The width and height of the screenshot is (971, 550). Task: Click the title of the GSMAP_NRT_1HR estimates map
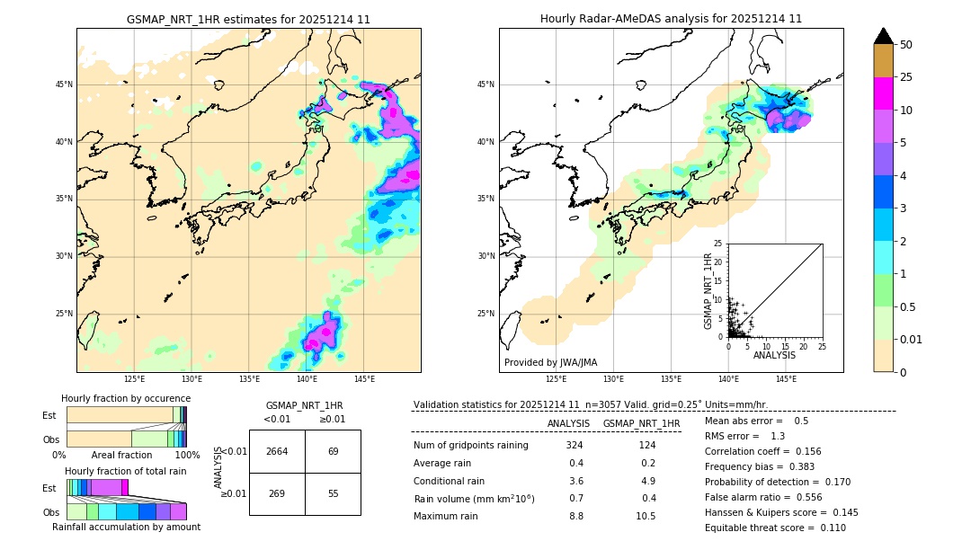click(x=248, y=19)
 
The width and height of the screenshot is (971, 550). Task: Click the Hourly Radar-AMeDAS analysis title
click(x=671, y=19)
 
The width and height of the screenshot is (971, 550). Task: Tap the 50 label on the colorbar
click(x=906, y=44)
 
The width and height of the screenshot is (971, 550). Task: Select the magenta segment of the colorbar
click(x=884, y=93)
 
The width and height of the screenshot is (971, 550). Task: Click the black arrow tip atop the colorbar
click(x=884, y=34)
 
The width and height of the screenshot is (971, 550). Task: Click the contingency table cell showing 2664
click(x=277, y=451)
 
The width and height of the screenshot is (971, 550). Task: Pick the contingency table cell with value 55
click(x=333, y=493)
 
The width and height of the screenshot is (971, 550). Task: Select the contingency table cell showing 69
click(x=333, y=451)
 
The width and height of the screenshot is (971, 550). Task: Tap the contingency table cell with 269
click(x=277, y=493)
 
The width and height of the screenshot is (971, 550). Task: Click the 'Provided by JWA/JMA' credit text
click(x=550, y=363)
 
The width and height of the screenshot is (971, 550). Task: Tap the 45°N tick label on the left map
click(x=64, y=84)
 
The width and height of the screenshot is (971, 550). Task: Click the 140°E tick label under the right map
click(x=728, y=379)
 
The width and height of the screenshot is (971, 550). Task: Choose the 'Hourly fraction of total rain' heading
click(x=126, y=471)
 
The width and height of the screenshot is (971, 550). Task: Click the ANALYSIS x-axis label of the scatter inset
click(x=774, y=355)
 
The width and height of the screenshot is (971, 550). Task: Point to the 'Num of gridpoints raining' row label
click(x=470, y=446)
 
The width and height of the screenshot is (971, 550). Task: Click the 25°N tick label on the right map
click(x=486, y=314)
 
